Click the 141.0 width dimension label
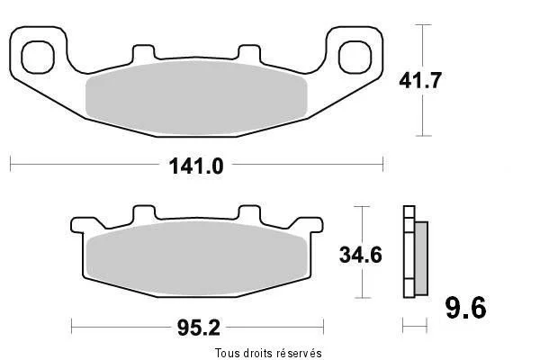click(x=196, y=166)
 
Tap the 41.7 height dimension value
click(x=419, y=81)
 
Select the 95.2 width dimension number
click(x=199, y=328)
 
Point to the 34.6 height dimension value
click(x=361, y=256)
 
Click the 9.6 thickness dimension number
click(x=466, y=308)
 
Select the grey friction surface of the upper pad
click(x=196, y=98)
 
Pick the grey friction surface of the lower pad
click(x=196, y=258)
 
